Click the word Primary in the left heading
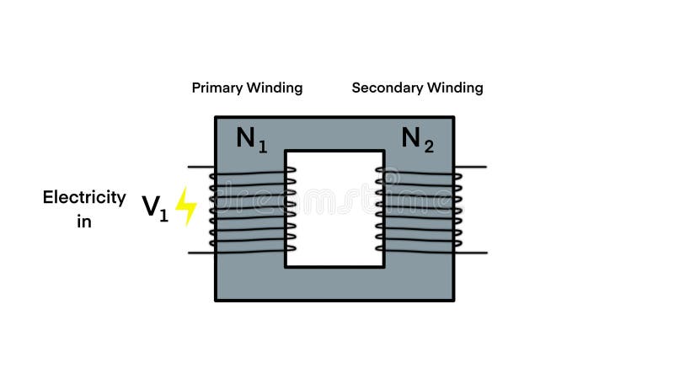(217, 88)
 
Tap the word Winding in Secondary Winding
(455, 88)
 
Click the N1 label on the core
(251, 138)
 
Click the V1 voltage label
(155, 207)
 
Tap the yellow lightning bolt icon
(185, 206)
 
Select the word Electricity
(84, 198)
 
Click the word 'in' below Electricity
(84, 222)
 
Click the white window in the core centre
(334, 208)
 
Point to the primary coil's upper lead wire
(200, 167)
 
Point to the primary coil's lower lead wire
(200, 252)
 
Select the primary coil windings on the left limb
(252, 209)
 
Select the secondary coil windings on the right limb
(419, 209)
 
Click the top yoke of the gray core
(334, 132)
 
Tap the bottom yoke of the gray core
(334, 284)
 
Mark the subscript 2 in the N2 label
(429, 147)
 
